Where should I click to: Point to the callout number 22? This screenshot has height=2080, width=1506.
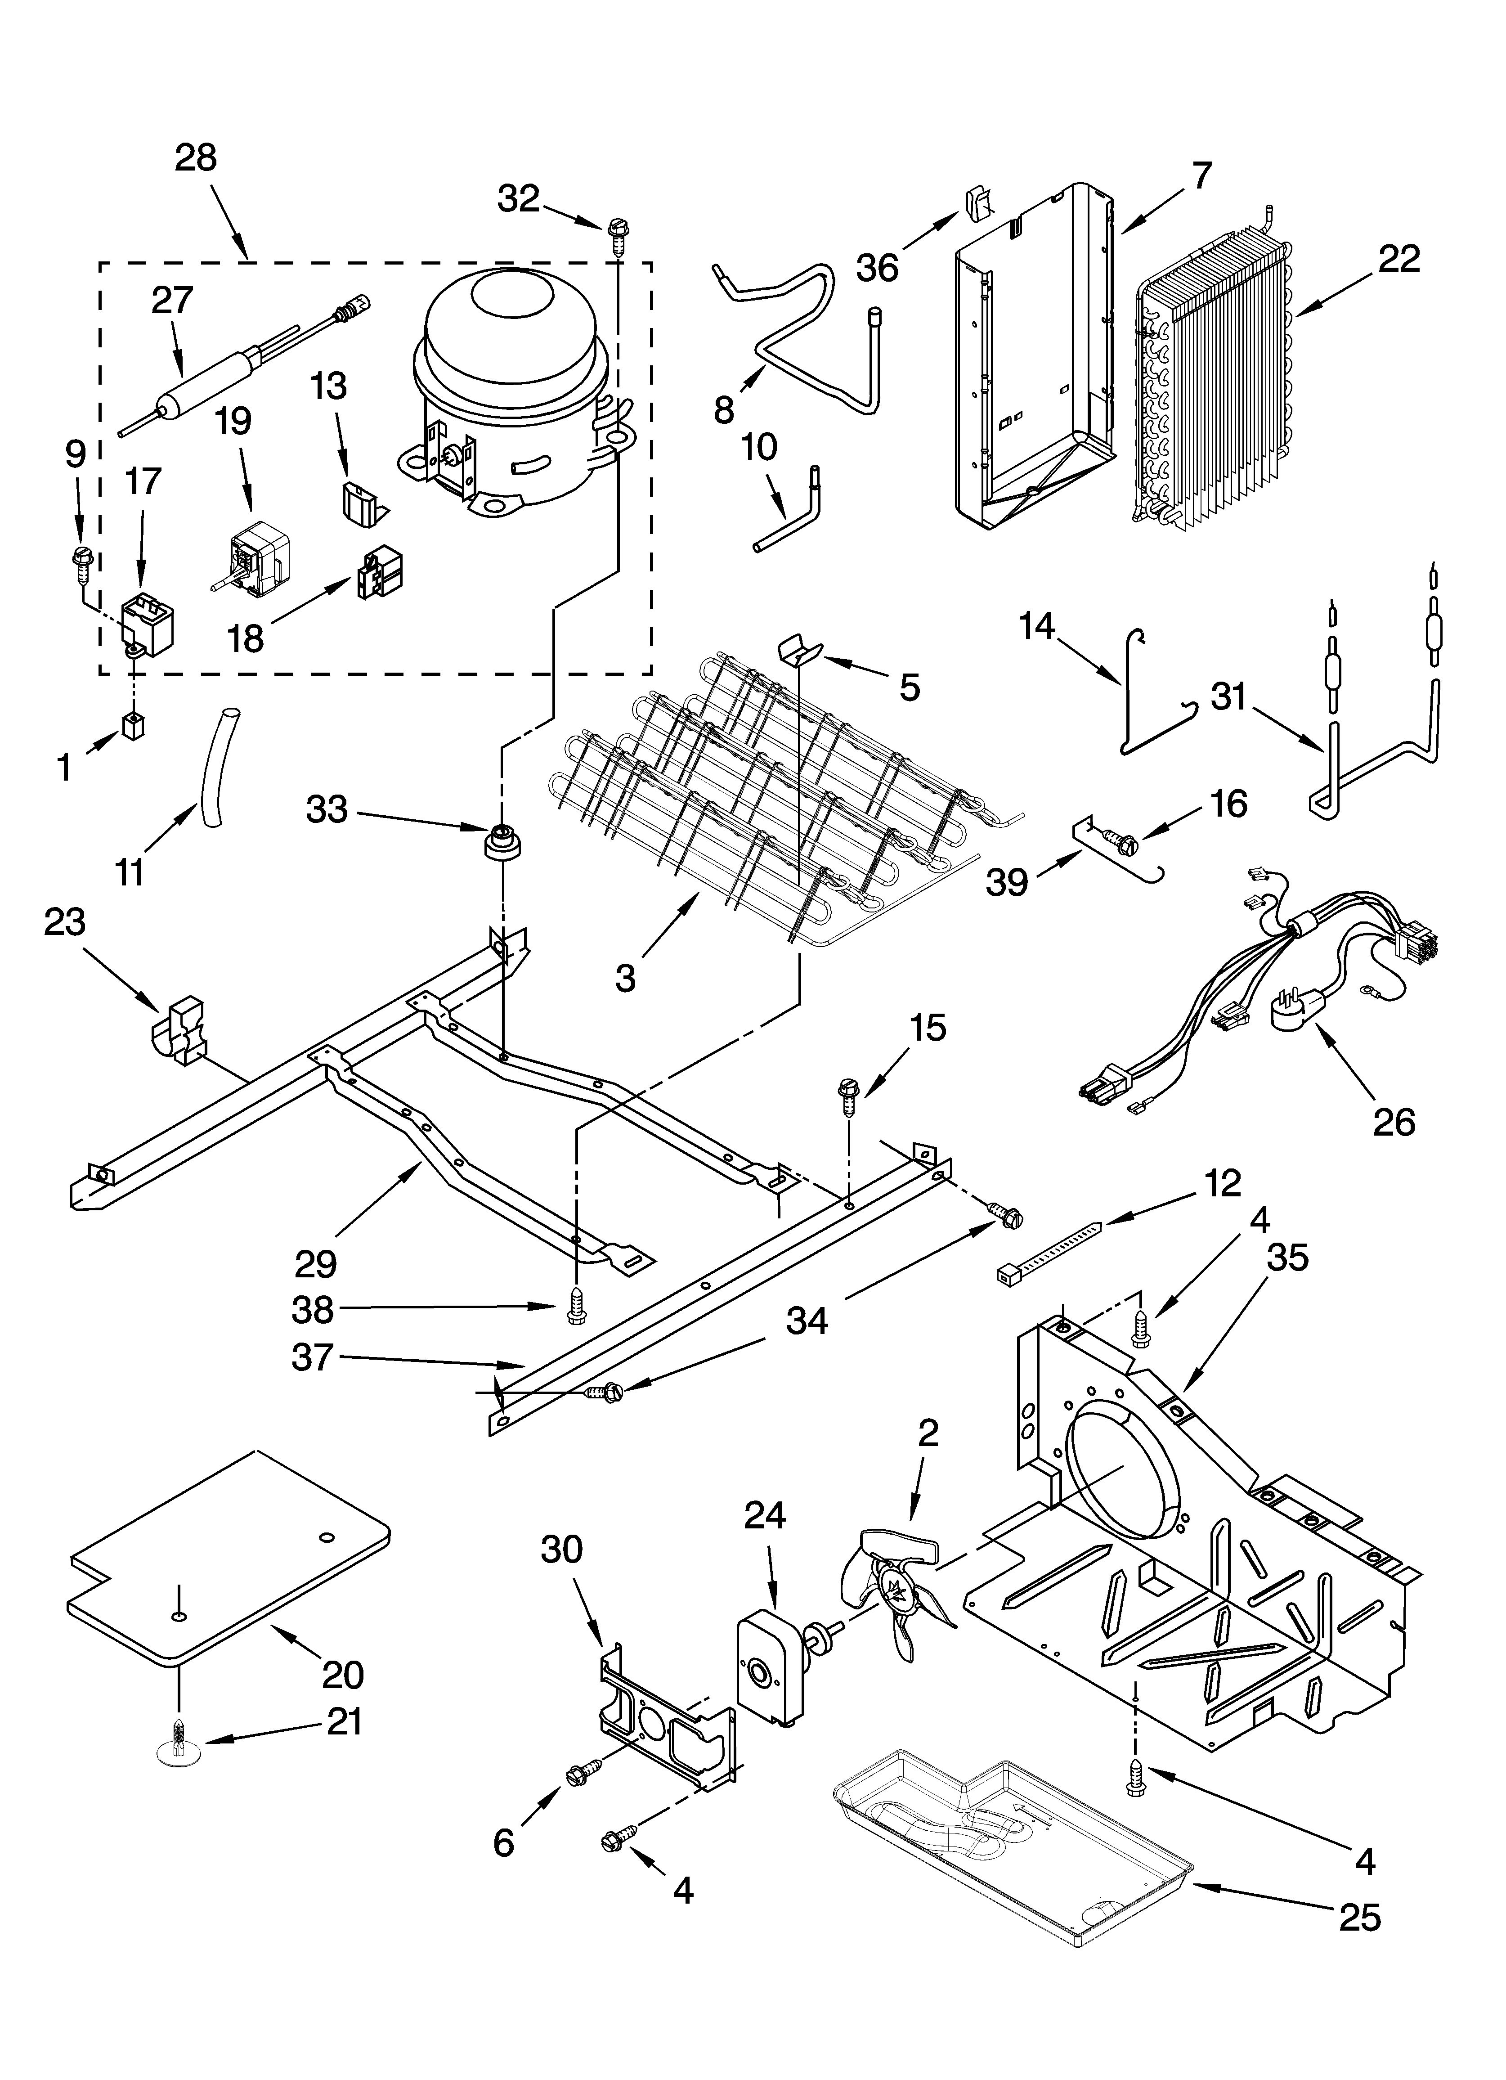[1398, 259]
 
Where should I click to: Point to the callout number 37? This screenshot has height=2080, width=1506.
[312, 1357]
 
